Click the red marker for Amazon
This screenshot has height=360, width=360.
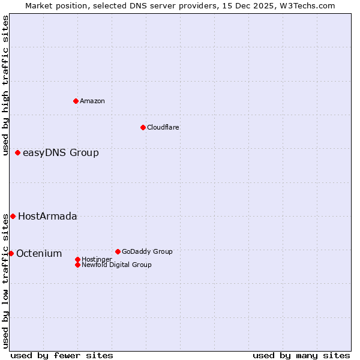click(x=76, y=101)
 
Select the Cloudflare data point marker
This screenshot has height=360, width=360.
click(x=143, y=127)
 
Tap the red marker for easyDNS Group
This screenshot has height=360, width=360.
click(x=18, y=152)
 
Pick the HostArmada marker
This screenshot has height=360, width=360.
click(x=13, y=216)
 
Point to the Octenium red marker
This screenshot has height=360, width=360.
click(x=11, y=253)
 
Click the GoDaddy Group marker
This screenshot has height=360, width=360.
click(x=118, y=251)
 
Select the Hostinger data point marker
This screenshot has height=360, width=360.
click(x=77, y=259)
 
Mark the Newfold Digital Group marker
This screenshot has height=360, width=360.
click(x=77, y=265)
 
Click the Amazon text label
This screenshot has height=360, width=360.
click(x=92, y=101)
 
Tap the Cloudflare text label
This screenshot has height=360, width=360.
click(x=163, y=127)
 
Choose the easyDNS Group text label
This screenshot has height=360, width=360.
click(x=61, y=153)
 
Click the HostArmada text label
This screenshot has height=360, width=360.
click(x=47, y=217)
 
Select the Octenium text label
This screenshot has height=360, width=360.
click(x=39, y=254)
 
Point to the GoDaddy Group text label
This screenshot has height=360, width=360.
click(x=147, y=251)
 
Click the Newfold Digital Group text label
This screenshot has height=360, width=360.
click(x=116, y=265)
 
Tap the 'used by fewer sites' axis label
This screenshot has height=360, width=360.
click(x=62, y=355)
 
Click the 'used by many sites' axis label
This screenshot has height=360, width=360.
click(x=301, y=355)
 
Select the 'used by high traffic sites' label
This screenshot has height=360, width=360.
click(x=5, y=85)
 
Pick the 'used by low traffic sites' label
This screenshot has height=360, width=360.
click(x=5, y=281)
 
